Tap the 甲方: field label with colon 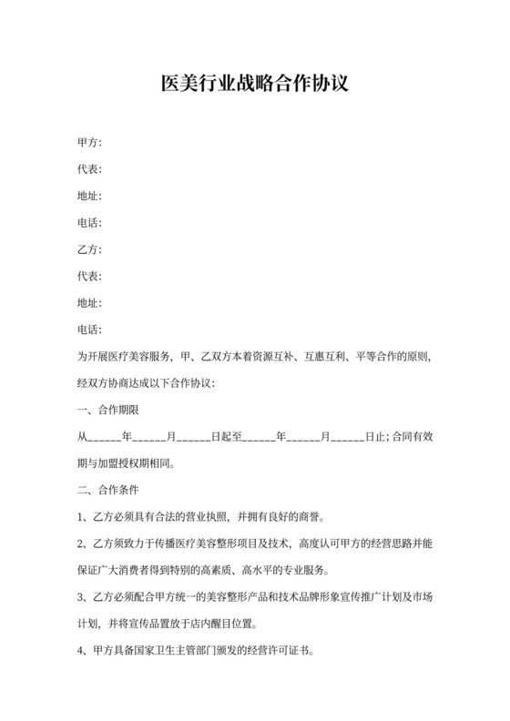pos(89,143)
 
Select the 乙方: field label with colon pos(89,249)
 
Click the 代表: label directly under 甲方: pos(89,169)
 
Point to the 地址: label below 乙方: pos(89,302)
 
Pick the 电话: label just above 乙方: pos(89,223)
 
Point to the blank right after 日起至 pos(260,436)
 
